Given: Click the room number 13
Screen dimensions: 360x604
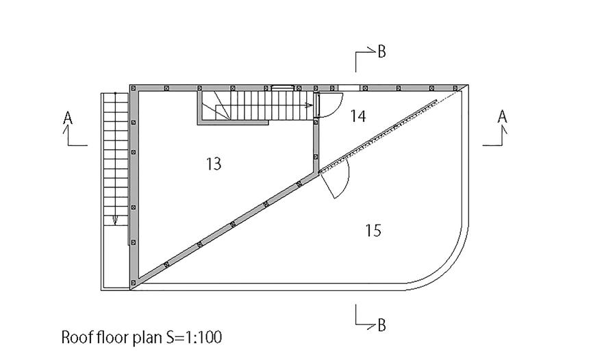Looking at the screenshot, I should pyautogui.click(x=214, y=164).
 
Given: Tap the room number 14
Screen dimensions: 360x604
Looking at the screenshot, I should pyautogui.click(x=357, y=116).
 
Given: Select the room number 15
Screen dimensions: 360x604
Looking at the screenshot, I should pyautogui.click(x=373, y=230).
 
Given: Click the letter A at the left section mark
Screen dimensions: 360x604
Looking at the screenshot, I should pyautogui.click(x=68, y=118).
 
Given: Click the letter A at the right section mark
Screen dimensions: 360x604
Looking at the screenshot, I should pyautogui.click(x=502, y=117).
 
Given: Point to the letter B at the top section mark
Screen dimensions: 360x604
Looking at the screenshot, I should pyautogui.click(x=381, y=51).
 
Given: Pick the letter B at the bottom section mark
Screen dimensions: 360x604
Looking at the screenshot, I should pyautogui.click(x=381, y=325).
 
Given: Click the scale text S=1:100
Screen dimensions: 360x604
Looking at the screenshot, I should pyautogui.click(x=191, y=337).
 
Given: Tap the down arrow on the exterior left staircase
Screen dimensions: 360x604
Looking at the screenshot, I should pyautogui.click(x=115, y=220).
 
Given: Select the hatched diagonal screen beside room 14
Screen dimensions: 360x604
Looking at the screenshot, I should pyautogui.click(x=381, y=133).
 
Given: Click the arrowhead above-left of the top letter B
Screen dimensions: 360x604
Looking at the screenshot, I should pyautogui.click(x=373, y=48).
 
